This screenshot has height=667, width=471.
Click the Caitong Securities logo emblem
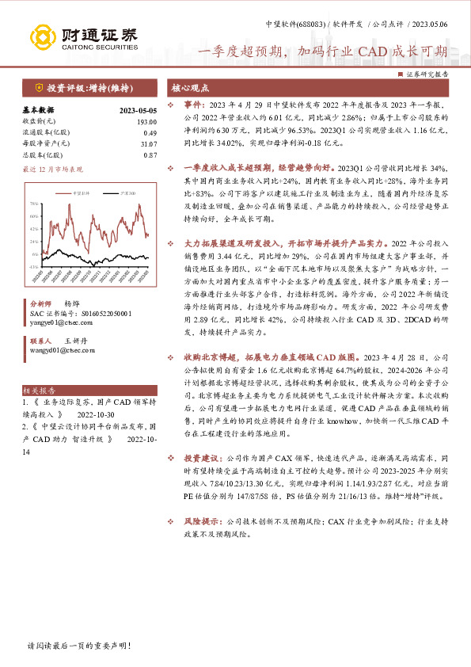pyautogui.click(x=40, y=36)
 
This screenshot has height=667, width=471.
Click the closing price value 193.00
pyautogui.click(x=147, y=121)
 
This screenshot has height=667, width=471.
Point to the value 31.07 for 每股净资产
pyautogui.click(x=147, y=143)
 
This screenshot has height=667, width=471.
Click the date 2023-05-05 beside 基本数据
pyautogui.click(x=139, y=110)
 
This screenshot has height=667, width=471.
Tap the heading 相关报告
pyautogui.click(x=39, y=391)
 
